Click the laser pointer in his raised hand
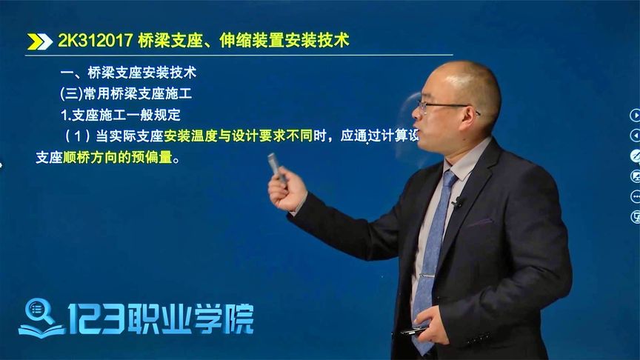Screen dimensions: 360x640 pyautogui.click(x=276, y=167)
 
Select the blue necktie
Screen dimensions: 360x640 pyautogui.click(x=433, y=252)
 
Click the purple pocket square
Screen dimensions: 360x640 pyautogui.click(x=479, y=221)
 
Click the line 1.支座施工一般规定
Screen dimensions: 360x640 pyautogui.click(x=120, y=116)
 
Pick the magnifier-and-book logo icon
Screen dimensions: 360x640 pyautogui.click(x=41, y=317)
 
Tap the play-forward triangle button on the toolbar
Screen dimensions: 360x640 pyautogui.click(x=635, y=115)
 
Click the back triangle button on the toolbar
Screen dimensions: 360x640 pyautogui.click(x=635, y=136)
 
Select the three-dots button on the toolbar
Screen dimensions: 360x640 pyautogui.click(x=635, y=196)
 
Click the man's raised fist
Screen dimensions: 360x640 pyautogui.click(x=287, y=191)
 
